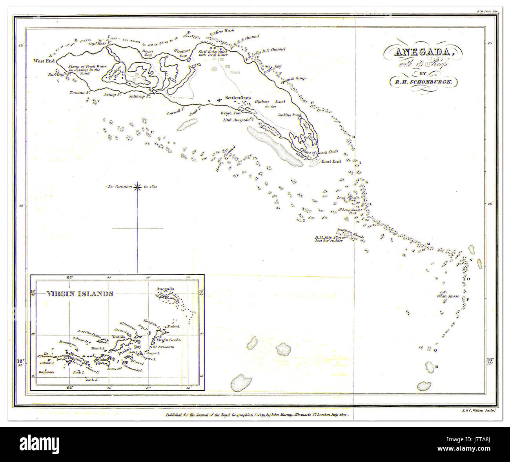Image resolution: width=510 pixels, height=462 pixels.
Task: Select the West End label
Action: coord(44,61)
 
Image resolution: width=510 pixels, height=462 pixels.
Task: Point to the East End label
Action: coord(331,161)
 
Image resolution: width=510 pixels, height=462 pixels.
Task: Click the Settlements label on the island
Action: coord(238,98)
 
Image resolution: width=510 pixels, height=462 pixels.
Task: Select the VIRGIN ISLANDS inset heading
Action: coord(80,293)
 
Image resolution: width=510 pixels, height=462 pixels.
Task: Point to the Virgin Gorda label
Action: coord(169,340)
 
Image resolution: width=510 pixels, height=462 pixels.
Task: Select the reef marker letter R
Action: coord(436,367)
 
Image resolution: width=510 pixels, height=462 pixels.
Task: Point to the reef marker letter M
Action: coord(428,244)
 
